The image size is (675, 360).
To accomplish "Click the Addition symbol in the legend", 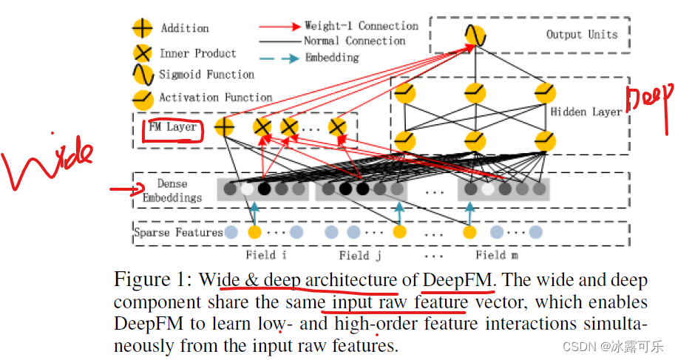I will [142, 29].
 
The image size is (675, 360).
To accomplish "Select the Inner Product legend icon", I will [142, 53].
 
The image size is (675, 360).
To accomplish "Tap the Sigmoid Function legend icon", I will [142, 75].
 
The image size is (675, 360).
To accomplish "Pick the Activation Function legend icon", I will [142, 98].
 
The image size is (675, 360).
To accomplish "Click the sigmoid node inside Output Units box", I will [474, 35].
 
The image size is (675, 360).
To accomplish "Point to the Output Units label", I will [581, 34].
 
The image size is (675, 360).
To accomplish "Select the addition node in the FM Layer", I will [224, 127].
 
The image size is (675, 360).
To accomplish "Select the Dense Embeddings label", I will [172, 191].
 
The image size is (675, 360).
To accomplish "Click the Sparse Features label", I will [178, 232].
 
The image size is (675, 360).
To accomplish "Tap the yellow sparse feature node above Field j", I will [399, 232].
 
